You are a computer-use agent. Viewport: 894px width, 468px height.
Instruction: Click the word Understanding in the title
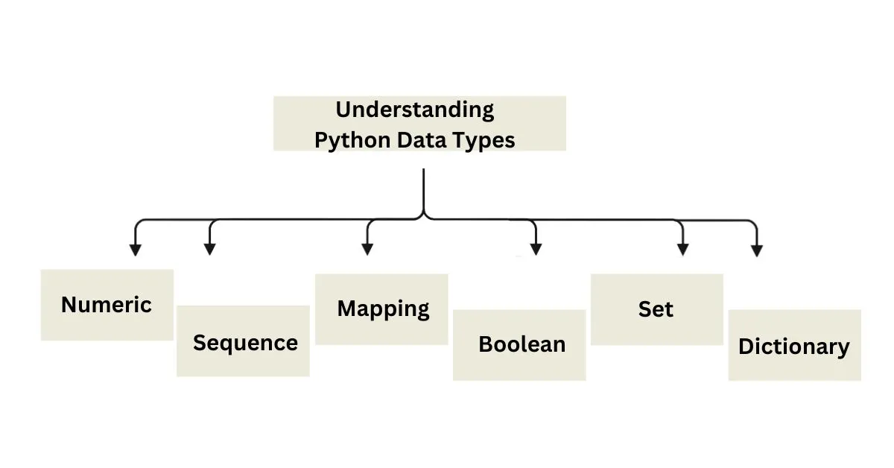tap(415, 110)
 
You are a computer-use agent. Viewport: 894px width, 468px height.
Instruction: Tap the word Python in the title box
tap(352, 141)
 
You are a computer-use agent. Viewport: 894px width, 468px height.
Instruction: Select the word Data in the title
tap(421, 140)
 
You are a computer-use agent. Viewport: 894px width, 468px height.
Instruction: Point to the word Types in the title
tap(484, 141)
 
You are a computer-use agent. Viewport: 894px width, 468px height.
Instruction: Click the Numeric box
tap(107, 305)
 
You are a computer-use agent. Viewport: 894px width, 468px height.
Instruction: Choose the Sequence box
tap(243, 341)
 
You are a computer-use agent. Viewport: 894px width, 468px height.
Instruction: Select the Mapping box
tap(381, 309)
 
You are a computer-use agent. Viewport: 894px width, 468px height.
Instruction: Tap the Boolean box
tap(519, 345)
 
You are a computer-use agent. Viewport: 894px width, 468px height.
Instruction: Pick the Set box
tap(657, 309)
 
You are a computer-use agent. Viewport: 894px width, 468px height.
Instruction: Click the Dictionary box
tap(795, 345)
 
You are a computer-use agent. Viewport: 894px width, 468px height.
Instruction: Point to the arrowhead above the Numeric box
tap(136, 250)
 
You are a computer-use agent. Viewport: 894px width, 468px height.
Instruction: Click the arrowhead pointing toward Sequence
tap(209, 250)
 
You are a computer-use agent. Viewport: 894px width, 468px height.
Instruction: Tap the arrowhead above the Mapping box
tap(367, 250)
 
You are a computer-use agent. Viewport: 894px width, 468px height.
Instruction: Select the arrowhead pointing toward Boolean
tap(536, 250)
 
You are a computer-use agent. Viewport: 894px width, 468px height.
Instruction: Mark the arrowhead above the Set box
tap(683, 250)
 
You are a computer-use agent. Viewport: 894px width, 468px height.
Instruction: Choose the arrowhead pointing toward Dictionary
tap(757, 251)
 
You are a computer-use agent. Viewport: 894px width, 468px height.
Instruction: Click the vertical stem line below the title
tap(423, 191)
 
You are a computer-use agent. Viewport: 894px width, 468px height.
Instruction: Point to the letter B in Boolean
tap(486, 344)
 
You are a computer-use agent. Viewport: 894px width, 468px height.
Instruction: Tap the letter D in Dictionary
tap(746, 347)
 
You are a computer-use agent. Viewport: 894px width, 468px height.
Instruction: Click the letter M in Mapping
tap(347, 309)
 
